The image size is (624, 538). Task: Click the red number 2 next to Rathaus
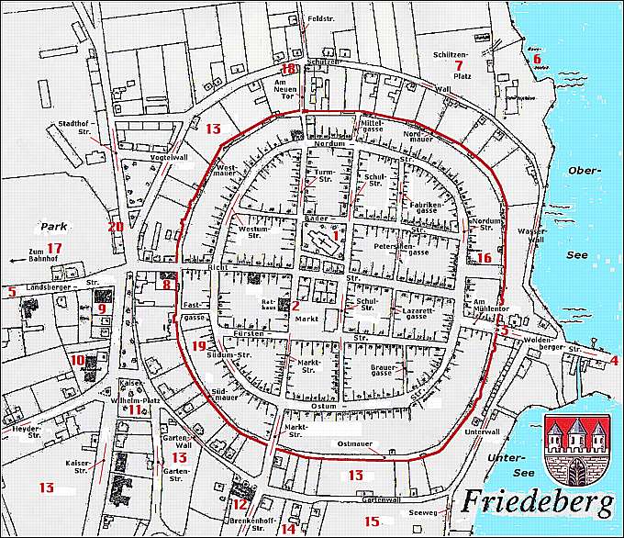click(296, 306)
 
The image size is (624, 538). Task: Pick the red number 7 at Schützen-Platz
click(457, 66)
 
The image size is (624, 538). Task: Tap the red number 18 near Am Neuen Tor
click(290, 70)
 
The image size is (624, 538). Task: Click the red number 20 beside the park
click(115, 227)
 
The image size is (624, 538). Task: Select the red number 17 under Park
click(54, 248)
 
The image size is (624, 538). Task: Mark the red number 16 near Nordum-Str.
click(484, 258)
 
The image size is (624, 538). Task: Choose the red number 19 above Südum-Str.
click(201, 345)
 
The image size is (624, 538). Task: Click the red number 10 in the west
click(78, 360)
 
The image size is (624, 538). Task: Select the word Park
click(50, 224)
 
